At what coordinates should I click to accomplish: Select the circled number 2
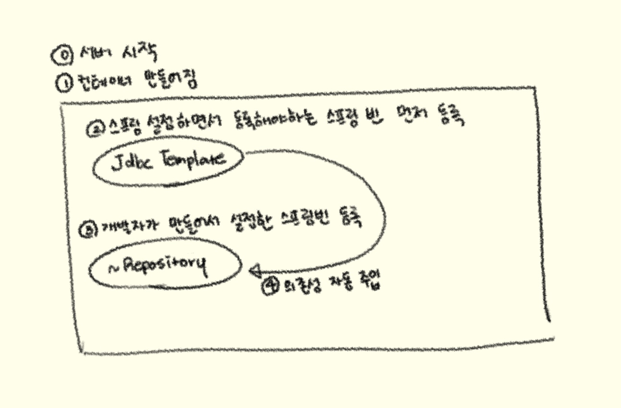[x=93, y=128]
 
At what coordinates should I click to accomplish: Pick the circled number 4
[x=268, y=285]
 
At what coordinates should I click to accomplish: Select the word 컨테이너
[x=99, y=83]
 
